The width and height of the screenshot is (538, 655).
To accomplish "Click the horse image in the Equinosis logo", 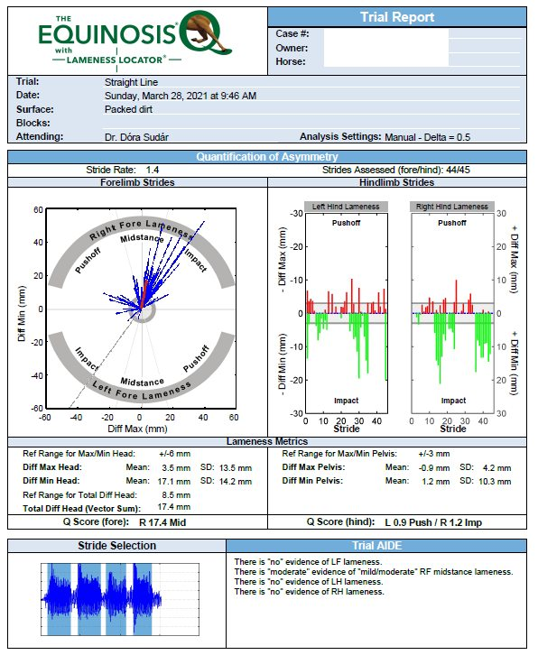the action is point(208,34).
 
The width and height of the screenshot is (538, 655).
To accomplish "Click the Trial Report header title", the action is point(397,17).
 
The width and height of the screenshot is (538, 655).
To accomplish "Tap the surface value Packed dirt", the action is point(128,109).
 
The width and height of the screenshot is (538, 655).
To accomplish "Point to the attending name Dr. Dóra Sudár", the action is point(136,137).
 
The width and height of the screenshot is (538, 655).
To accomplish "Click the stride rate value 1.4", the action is point(153,170).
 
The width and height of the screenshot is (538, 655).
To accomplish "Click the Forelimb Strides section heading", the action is point(137,182).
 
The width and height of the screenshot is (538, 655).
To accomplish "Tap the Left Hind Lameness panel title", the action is point(346,207).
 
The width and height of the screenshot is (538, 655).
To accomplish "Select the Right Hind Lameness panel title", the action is point(452,207).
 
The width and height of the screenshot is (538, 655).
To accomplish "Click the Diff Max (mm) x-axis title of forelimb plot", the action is point(137,429).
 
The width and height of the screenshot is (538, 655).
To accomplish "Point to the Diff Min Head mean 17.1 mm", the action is point(174,481).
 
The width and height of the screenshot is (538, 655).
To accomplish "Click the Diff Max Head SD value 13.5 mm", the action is point(236,468).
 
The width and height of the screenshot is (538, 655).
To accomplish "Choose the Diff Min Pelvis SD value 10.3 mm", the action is point(495,481).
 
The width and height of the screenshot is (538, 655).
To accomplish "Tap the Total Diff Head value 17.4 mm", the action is point(174,507).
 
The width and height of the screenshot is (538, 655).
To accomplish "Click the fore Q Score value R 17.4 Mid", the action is point(162,522).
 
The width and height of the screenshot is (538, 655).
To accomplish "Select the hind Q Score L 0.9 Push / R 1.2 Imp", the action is point(433,522).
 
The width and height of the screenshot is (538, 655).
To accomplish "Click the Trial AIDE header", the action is point(376,546).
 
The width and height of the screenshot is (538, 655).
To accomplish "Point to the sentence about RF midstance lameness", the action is point(374,571).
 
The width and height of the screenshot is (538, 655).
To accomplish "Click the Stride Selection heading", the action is point(117,546).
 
